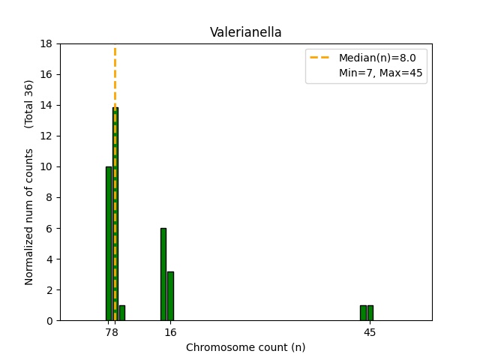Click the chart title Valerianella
(245, 32)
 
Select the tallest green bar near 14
(115, 214)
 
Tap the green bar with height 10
(108, 244)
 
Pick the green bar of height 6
(163, 274)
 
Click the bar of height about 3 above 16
(170, 296)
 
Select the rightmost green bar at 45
(370, 313)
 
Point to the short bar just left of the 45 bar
(363, 313)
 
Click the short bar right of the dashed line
(122, 313)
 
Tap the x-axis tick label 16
(170, 331)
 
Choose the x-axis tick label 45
(370, 331)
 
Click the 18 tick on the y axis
(47, 43)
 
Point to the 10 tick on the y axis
(47, 166)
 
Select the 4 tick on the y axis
(50, 259)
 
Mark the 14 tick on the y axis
(47, 105)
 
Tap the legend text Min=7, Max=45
(382, 73)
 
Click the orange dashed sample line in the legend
(322, 58)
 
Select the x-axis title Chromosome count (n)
(245, 347)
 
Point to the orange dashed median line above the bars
(115, 75)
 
